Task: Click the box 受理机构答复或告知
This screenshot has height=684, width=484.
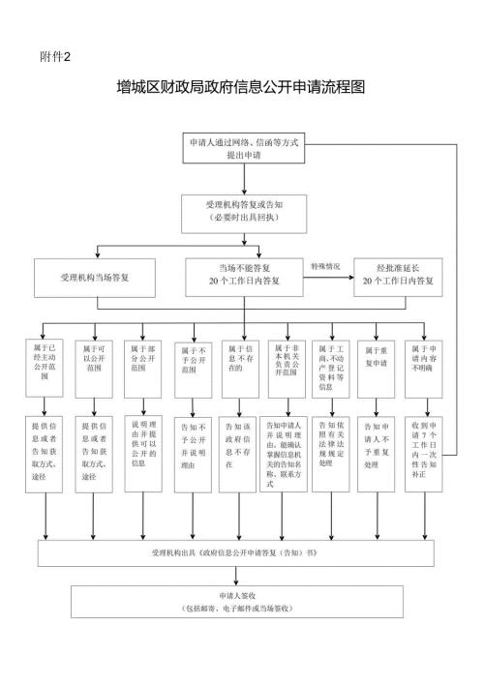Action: tap(243, 211)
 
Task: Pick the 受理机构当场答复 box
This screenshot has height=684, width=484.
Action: tap(95, 277)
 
